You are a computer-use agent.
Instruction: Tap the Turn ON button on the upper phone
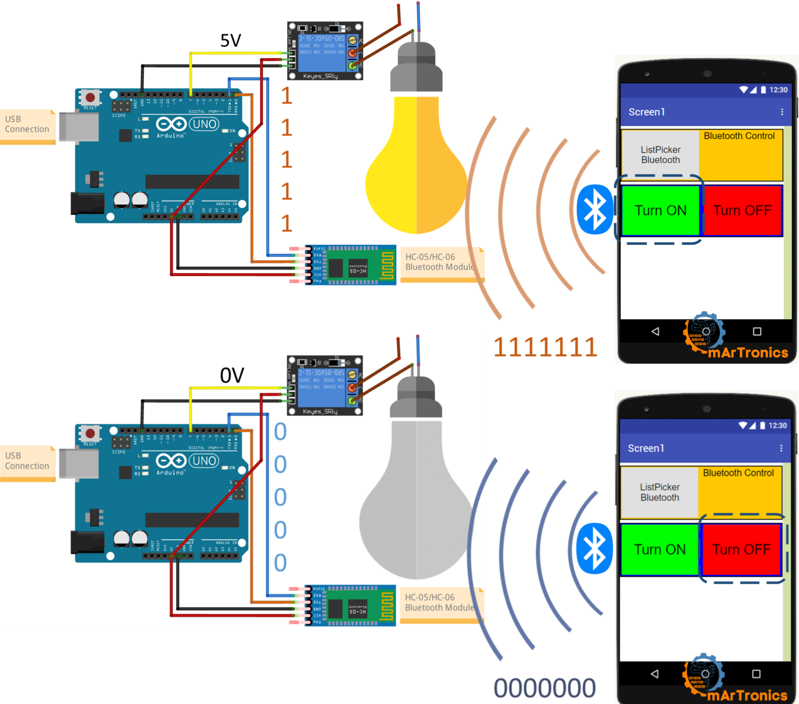[x=661, y=211]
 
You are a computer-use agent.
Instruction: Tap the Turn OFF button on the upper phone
[x=742, y=211]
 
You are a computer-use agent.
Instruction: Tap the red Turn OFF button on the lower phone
[x=741, y=550]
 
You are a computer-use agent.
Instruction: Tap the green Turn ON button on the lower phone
[x=660, y=550]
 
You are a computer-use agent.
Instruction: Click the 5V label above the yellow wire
[x=230, y=41]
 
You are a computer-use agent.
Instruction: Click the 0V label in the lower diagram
[x=232, y=375]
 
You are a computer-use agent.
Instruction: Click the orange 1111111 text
[x=545, y=347]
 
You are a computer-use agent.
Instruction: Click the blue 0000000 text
[x=545, y=688]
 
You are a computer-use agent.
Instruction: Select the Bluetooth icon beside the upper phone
[x=595, y=210]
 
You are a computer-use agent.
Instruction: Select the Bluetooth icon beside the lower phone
[x=595, y=549]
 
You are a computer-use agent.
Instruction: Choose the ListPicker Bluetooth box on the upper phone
[x=661, y=155]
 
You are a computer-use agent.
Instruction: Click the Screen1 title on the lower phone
[x=646, y=448]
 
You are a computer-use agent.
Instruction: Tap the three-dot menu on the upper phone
[x=782, y=112]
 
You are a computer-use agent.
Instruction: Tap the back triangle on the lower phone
[x=654, y=674]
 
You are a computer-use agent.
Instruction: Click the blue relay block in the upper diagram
[x=321, y=52]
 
